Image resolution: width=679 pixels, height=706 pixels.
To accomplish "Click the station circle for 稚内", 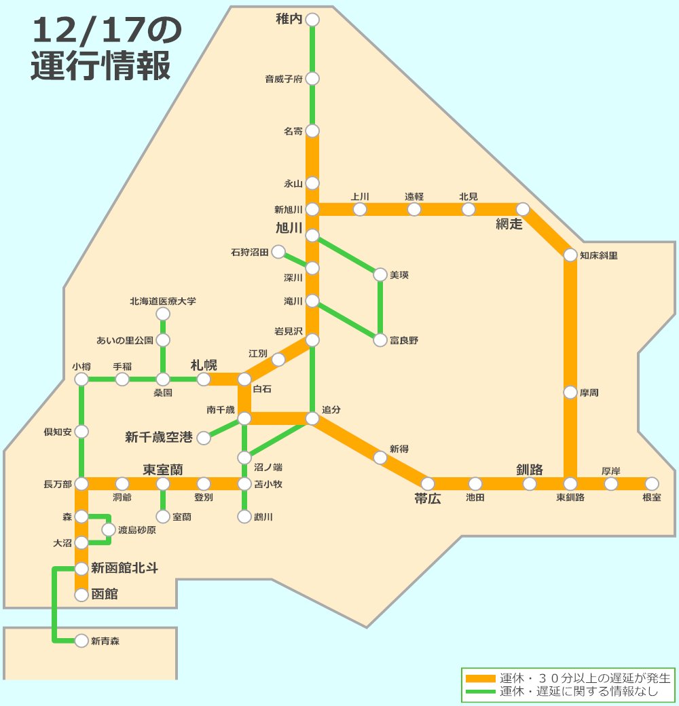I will (312, 20).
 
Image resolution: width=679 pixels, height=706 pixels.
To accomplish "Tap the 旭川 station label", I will (289, 227).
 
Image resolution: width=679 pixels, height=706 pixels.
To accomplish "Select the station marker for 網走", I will (523, 209).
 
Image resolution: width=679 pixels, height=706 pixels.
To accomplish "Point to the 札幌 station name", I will (204, 365).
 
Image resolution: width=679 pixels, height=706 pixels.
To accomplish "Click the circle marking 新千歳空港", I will (204, 438).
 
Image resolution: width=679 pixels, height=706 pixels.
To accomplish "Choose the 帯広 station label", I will (428, 499).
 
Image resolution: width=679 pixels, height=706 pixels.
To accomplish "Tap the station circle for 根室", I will (652, 484).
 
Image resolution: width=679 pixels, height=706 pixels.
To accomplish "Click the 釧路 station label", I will (530, 469).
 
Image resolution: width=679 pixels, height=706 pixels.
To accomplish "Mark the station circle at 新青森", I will (81, 640).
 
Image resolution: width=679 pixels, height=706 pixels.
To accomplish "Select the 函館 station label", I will (105, 595).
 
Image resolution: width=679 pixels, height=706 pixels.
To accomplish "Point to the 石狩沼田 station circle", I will (278, 253).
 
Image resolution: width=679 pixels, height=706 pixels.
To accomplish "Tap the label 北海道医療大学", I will (163, 301).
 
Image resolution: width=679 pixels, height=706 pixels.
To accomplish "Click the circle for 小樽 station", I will (81, 379).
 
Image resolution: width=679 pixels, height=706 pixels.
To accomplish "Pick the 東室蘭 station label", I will (164, 470).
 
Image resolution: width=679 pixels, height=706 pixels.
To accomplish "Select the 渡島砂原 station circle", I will (109, 529).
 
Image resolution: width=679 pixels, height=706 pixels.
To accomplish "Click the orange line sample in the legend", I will (479, 678).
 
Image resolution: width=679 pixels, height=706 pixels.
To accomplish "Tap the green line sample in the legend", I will (479, 692).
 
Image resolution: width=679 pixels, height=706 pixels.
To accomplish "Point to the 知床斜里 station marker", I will (570, 255).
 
